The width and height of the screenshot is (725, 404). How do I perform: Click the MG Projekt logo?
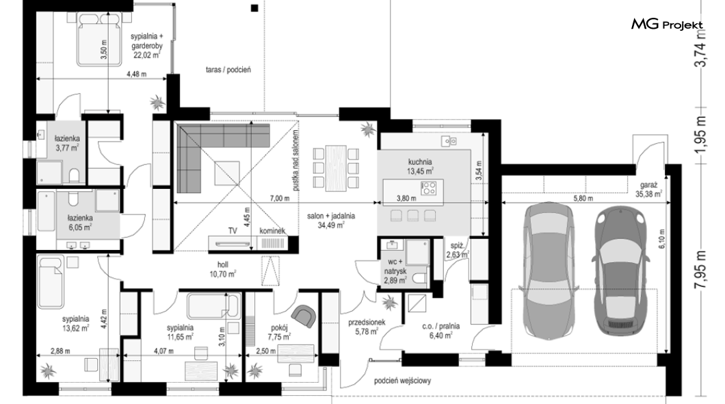(x=667, y=25)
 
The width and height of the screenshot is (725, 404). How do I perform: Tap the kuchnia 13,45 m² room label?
(x=420, y=166)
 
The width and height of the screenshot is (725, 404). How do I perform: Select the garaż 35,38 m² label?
(x=648, y=190)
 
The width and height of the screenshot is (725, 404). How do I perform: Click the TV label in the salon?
(x=233, y=231)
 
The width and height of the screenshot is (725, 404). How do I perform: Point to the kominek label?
(x=272, y=231)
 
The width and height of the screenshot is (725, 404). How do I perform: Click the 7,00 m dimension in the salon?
(x=280, y=199)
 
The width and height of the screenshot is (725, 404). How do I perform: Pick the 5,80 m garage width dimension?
(x=583, y=199)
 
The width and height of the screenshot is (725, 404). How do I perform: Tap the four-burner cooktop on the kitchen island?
(x=429, y=188)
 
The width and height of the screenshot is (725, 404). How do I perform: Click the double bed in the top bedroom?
(x=99, y=38)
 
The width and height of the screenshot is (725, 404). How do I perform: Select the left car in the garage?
(x=550, y=271)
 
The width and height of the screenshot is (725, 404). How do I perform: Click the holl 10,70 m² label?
(x=224, y=269)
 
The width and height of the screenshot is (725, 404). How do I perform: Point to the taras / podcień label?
(x=228, y=70)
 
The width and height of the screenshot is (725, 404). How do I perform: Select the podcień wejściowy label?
(x=403, y=381)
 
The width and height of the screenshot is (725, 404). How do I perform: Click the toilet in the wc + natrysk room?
(x=419, y=278)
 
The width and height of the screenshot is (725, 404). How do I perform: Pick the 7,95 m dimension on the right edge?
(x=701, y=270)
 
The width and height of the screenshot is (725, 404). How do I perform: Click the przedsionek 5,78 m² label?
(x=367, y=327)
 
